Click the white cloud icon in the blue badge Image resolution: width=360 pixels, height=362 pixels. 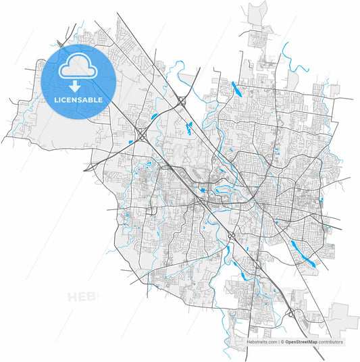(78, 68)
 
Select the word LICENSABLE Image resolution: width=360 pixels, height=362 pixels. (78, 99)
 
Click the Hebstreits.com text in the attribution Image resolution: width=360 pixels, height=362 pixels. (263, 342)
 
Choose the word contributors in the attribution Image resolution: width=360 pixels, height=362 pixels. (332, 342)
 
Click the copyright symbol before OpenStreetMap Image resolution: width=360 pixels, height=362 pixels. (282, 342)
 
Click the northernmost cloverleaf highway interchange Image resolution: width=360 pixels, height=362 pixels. (182, 101)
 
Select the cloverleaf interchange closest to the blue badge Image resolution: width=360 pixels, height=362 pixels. (143, 136)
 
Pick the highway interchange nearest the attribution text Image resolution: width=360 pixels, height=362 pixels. (291, 313)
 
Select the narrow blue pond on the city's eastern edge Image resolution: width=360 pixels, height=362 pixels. (323, 202)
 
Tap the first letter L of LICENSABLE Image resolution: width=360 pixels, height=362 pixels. (56, 99)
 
